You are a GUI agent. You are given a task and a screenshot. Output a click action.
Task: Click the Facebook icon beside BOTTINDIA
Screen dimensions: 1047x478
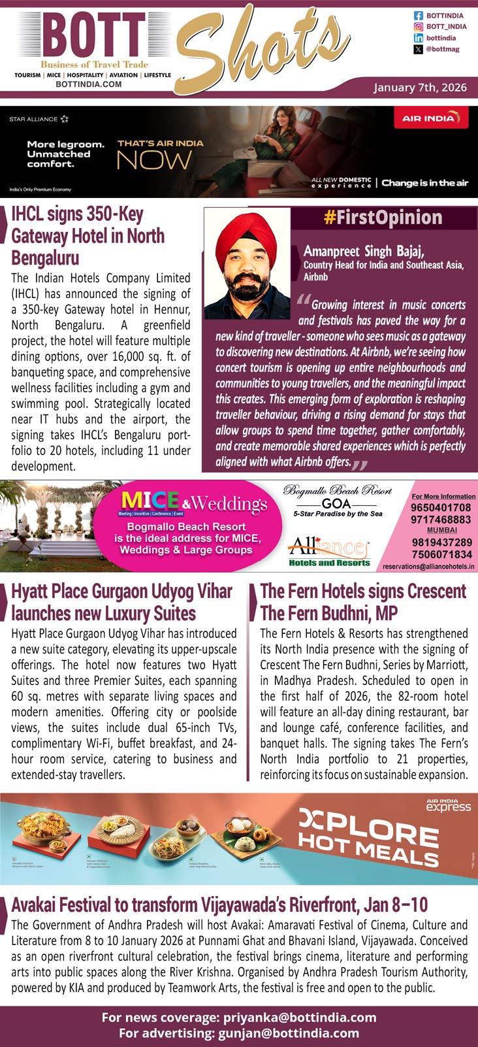419,15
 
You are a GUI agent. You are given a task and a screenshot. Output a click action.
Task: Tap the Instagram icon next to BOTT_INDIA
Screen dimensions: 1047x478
419,27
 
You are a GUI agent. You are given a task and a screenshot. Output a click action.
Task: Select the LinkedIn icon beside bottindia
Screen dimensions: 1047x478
419,39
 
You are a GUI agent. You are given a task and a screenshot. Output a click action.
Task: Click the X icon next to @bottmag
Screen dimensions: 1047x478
419,50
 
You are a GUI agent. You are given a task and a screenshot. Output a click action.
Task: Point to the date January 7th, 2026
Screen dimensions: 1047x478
421,88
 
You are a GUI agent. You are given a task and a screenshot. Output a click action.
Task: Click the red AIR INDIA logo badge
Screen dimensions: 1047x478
432,118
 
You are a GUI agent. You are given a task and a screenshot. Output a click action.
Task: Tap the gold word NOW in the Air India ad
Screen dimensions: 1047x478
154,160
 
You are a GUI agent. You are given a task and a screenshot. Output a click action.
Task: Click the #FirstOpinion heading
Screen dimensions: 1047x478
383,218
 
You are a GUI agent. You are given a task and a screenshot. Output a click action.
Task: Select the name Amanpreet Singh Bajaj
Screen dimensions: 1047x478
364,251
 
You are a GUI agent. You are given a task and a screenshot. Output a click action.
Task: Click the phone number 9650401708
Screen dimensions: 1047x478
441,508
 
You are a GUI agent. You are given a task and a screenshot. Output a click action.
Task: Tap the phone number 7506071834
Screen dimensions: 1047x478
441,554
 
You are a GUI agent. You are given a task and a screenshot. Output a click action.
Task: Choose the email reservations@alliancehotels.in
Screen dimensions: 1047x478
428,567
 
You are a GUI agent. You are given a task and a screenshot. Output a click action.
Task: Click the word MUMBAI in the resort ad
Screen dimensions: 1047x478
441,530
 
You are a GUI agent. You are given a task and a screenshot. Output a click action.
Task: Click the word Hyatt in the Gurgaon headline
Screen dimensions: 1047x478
30,591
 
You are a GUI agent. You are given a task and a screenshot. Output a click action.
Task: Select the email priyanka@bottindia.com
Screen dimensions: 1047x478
300,1017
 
